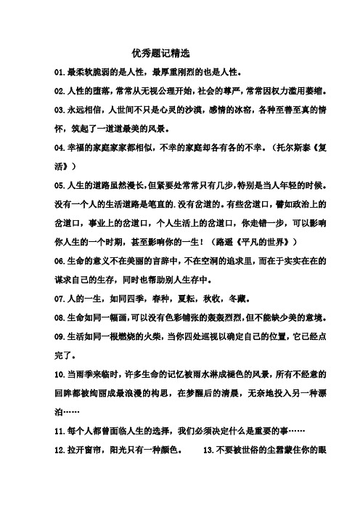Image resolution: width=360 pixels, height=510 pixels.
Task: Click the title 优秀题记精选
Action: [160, 54]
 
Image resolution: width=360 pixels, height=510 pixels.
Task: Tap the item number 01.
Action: [60, 73]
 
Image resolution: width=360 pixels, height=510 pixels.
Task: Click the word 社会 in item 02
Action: [227, 92]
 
